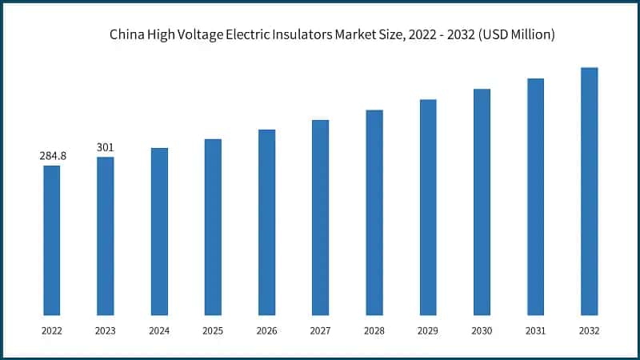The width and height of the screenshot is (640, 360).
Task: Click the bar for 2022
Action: [52, 240]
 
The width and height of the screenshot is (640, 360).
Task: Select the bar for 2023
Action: [106, 236]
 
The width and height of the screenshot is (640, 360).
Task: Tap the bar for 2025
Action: [213, 227]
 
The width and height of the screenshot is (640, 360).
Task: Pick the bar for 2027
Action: [320, 218]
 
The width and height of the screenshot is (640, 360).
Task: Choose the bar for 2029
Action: [428, 207]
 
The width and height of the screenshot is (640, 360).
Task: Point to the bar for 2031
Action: [535, 197]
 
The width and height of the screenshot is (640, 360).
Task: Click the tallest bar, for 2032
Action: [589, 191]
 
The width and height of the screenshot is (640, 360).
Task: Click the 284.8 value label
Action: [53, 156]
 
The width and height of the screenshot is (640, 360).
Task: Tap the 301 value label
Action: [106, 148]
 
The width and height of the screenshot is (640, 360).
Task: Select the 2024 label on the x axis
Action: [159, 330]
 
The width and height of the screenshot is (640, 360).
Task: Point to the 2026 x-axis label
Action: [266, 330]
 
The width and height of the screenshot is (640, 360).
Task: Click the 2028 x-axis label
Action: [374, 330]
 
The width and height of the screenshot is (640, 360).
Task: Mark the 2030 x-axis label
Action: [482, 330]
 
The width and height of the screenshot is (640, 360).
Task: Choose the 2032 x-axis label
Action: [589, 330]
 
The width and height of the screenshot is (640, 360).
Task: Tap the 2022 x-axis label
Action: [52, 330]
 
